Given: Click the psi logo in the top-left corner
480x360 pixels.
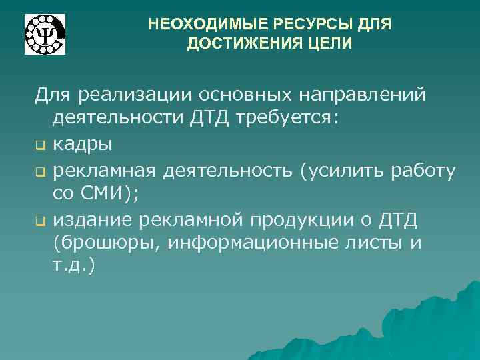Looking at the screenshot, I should tap(45, 33).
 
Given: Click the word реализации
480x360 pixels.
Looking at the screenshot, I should tap(136, 94).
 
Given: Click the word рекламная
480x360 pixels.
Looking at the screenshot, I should tap(105, 171).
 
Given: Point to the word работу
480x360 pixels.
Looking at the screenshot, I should tap(423, 171).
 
